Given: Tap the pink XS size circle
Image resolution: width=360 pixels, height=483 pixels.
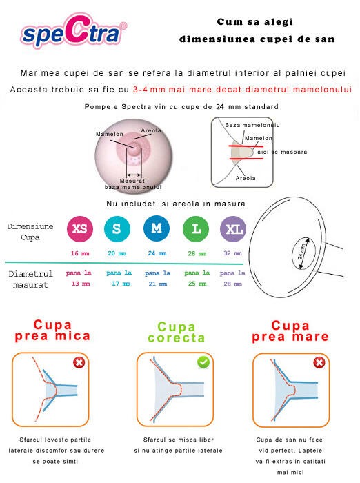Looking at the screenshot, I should (x=79, y=229).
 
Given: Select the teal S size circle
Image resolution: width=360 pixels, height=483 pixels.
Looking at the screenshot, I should (x=117, y=229).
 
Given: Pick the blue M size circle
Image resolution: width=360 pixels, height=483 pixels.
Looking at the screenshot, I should (x=157, y=229).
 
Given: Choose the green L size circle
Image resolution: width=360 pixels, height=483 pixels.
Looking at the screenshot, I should (x=196, y=229).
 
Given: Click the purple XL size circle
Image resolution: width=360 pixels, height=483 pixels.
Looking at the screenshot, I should (x=232, y=229).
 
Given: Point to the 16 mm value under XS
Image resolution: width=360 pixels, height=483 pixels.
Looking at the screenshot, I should (x=79, y=253).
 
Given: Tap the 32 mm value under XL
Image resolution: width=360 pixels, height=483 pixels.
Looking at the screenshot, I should (x=232, y=253).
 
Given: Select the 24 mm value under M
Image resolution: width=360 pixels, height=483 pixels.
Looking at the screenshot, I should (x=157, y=253).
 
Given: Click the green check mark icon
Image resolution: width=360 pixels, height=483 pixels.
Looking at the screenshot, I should (x=203, y=362).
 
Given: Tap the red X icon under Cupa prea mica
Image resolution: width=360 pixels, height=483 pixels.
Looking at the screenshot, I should (x=81, y=363).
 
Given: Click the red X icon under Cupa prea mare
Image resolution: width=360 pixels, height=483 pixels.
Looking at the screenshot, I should (x=319, y=363).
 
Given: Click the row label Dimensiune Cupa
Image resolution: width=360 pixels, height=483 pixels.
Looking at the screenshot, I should (x=30, y=231).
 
